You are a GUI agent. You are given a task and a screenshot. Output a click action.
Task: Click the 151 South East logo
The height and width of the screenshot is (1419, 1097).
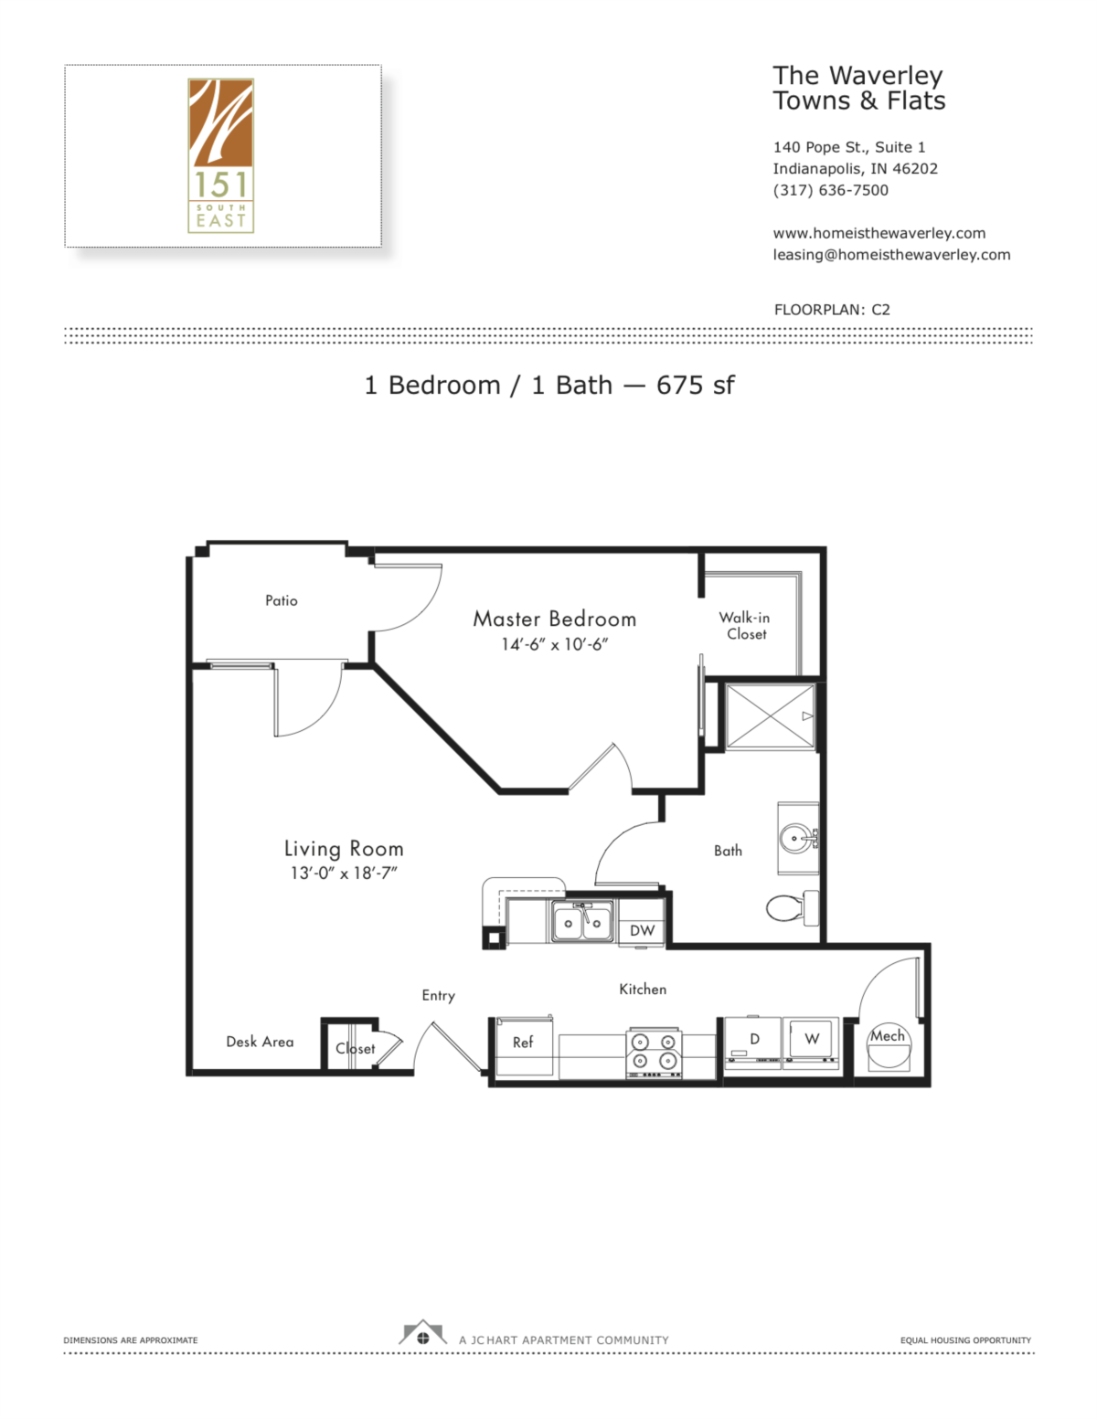pyautogui.click(x=220, y=154)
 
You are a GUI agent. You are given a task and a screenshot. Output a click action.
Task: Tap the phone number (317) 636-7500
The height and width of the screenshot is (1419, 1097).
pyautogui.click(x=830, y=190)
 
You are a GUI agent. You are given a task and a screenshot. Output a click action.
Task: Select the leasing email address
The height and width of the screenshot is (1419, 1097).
pyautogui.click(x=891, y=255)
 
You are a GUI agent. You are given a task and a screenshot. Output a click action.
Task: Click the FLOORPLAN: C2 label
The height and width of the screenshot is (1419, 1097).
pyautogui.click(x=832, y=310)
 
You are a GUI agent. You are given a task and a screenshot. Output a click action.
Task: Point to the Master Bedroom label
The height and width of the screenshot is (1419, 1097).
pyautogui.click(x=554, y=619)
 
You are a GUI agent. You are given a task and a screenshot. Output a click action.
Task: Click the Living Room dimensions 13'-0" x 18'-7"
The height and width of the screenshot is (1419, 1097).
pyautogui.click(x=344, y=874)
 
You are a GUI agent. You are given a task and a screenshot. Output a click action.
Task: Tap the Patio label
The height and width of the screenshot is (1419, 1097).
pyautogui.click(x=282, y=600)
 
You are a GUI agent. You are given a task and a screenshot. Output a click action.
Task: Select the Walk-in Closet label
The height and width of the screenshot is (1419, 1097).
pyautogui.click(x=745, y=626)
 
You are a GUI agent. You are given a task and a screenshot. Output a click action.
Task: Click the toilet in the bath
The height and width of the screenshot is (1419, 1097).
pyautogui.click(x=791, y=907)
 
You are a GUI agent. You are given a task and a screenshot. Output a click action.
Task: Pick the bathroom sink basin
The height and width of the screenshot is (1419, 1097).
pyautogui.click(x=795, y=838)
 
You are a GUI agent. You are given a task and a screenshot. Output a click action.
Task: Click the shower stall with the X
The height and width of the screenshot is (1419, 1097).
pyautogui.click(x=770, y=716)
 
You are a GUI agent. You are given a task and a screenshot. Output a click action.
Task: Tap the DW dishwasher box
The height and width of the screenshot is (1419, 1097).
pyautogui.click(x=643, y=930)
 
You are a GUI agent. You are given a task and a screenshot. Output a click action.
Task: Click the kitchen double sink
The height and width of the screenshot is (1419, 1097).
pyautogui.click(x=581, y=922)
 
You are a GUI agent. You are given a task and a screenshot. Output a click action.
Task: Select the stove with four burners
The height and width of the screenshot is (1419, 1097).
pyautogui.click(x=655, y=1052)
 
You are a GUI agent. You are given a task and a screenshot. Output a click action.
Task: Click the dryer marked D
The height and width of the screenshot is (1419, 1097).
pyautogui.click(x=754, y=1040)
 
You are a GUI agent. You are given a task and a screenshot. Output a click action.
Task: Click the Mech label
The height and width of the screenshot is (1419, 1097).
pyautogui.click(x=888, y=1036)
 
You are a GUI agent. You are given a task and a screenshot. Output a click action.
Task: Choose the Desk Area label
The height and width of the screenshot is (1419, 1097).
pyautogui.click(x=260, y=1042)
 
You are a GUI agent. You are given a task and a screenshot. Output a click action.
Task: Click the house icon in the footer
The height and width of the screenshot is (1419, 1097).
pyautogui.click(x=422, y=1334)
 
